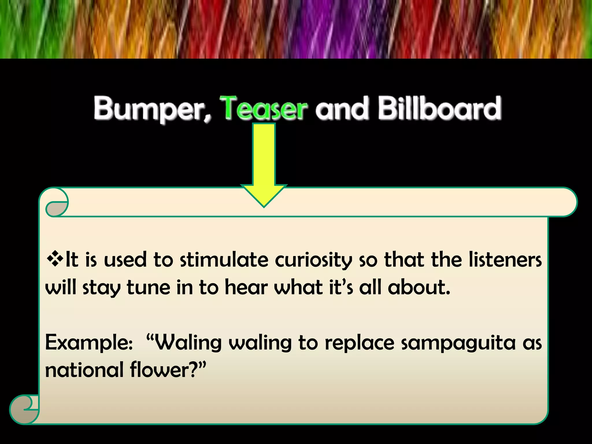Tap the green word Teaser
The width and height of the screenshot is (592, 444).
[x=263, y=108]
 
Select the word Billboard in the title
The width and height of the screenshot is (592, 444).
[x=439, y=108]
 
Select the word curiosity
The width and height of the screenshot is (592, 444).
[x=313, y=260]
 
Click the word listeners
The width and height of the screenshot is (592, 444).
[x=505, y=259]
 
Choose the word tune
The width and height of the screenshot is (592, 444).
[x=148, y=287]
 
